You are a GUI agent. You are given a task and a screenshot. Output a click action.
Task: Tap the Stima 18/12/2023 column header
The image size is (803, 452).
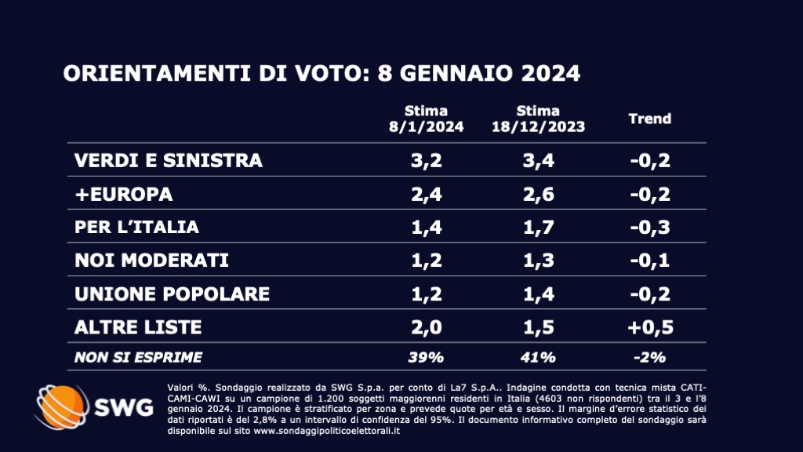(538, 118)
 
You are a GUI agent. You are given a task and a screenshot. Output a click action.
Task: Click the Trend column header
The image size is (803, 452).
(650, 119)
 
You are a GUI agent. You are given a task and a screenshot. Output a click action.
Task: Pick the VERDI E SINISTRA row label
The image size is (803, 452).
(168, 162)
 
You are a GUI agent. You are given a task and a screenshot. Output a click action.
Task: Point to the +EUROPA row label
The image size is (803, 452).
(123, 195)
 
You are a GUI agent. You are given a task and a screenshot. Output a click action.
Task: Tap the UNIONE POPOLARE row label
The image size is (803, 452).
(172, 294)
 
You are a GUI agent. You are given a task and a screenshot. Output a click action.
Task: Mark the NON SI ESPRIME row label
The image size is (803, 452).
(138, 358)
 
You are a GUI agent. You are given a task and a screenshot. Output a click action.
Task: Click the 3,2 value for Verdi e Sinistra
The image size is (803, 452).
(426, 162)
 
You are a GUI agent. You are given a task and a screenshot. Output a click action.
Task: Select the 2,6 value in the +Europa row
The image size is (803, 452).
(538, 195)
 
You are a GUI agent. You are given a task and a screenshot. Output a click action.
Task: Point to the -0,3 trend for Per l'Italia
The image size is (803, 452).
(650, 228)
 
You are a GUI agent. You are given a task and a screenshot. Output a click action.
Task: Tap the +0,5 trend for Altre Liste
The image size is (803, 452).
(650, 327)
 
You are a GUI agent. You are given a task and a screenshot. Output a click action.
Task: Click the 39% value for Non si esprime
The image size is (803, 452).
(426, 358)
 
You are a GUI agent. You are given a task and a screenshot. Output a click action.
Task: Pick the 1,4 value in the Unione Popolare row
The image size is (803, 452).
(538, 294)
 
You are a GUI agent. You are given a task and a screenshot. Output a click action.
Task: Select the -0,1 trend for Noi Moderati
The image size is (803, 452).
(650, 261)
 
